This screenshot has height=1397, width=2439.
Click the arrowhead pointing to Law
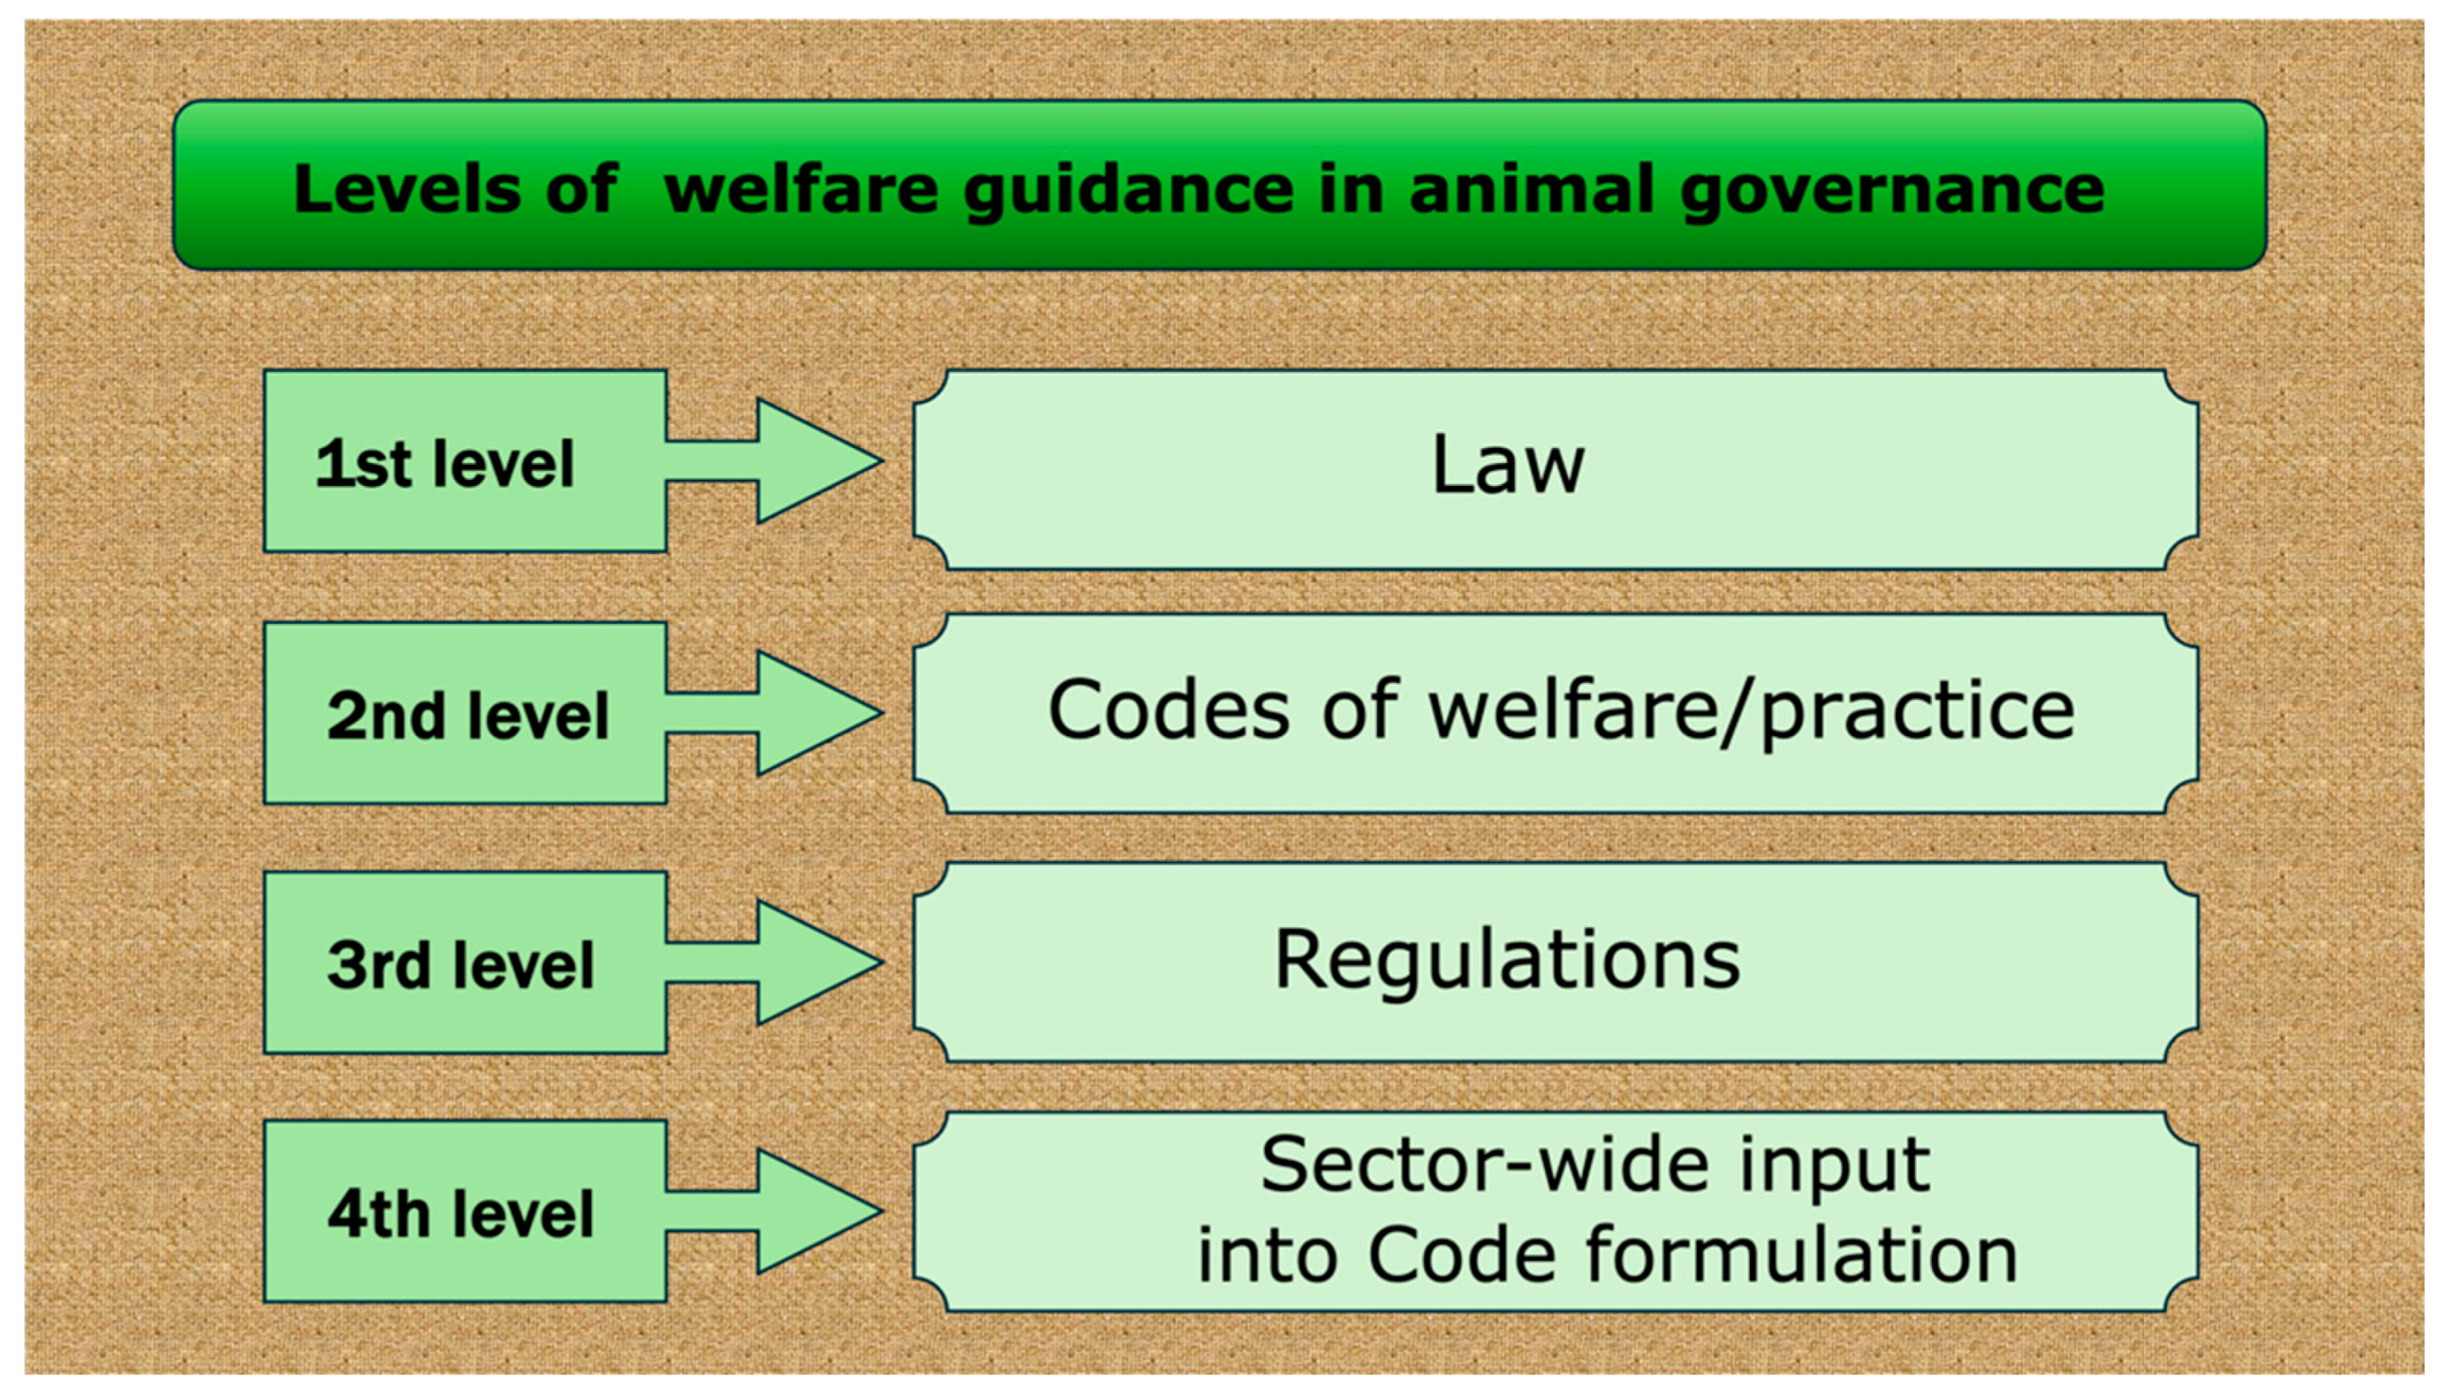pos(815,461)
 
